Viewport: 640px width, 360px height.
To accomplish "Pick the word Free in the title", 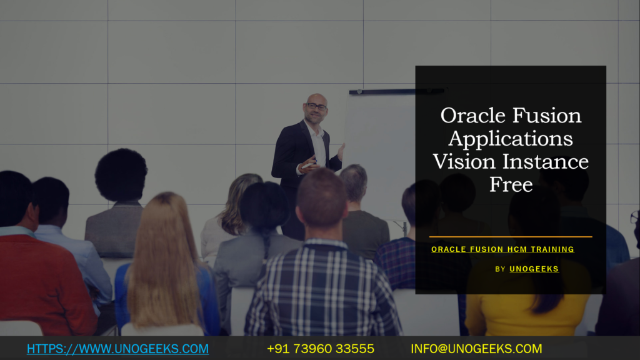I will [x=511, y=184].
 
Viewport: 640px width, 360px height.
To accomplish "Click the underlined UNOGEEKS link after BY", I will [x=534, y=269].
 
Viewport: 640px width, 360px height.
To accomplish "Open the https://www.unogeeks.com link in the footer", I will [x=117, y=349].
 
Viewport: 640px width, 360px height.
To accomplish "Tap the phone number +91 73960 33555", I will [x=321, y=349].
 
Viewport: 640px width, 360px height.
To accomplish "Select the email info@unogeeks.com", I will [x=476, y=349].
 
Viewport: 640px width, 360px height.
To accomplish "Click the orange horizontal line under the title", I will [x=511, y=237].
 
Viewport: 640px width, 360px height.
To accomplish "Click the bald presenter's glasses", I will [x=316, y=107].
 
